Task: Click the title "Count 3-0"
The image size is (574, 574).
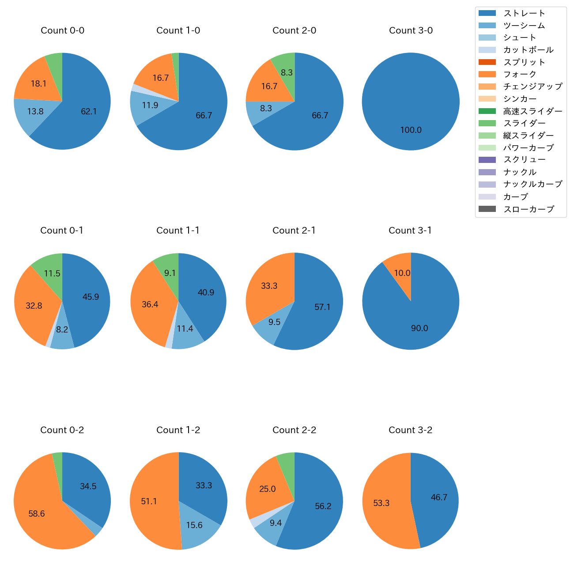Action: pyautogui.click(x=411, y=30)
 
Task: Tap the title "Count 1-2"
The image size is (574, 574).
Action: pyautogui.click(x=178, y=430)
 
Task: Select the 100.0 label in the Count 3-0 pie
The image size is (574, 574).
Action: pyautogui.click(x=411, y=130)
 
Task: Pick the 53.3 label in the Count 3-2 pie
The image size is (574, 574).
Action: pyautogui.click(x=381, y=503)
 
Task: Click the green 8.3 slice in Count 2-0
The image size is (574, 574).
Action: pyautogui.click(x=285, y=71)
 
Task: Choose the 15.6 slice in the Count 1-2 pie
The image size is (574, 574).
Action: pyautogui.click(x=196, y=528)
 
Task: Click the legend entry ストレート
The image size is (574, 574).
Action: pyautogui.click(x=524, y=13)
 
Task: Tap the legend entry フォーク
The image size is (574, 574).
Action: pyautogui.click(x=520, y=74)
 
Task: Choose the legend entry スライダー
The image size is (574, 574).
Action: pyautogui.click(x=524, y=123)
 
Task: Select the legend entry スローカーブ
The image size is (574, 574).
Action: pyautogui.click(x=528, y=209)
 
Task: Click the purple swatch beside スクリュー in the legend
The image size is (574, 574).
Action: pyautogui.click(x=487, y=160)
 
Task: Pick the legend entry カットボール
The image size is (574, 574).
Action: pyautogui.click(x=528, y=50)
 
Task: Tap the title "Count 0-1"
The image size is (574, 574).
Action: pyautogui.click(x=62, y=230)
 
